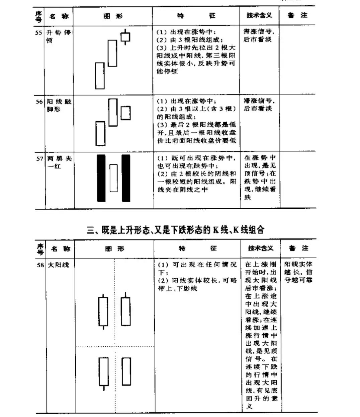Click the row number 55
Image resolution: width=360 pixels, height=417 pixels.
pos(38,33)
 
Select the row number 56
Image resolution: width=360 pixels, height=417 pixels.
pos(39,101)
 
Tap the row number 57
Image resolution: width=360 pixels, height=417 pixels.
pos(39,158)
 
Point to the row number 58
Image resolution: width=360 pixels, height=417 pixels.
pos(40,265)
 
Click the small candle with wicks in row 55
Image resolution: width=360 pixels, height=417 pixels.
pos(125,37)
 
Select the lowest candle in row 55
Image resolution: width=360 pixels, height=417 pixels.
pos(100,75)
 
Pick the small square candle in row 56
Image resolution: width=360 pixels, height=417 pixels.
pos(125,113)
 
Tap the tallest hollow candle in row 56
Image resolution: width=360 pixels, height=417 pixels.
pos(113,112)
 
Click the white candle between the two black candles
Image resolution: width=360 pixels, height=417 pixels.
pos(113,178)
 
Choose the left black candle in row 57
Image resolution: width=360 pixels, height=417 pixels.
pos(101,178)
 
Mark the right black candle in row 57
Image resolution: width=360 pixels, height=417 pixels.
pos(126,178)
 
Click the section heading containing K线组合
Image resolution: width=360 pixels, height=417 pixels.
pos(176,230)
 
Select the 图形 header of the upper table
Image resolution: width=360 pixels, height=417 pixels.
pos(113,16)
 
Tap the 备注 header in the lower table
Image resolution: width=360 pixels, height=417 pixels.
pos(298,248)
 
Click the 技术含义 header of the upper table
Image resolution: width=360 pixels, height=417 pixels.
pos(259,15)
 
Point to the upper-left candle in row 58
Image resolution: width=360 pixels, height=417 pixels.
pos(103,311)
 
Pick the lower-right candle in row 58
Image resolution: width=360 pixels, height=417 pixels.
pos(126,371)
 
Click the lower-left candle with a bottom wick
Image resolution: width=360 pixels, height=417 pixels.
pos(103,372)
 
